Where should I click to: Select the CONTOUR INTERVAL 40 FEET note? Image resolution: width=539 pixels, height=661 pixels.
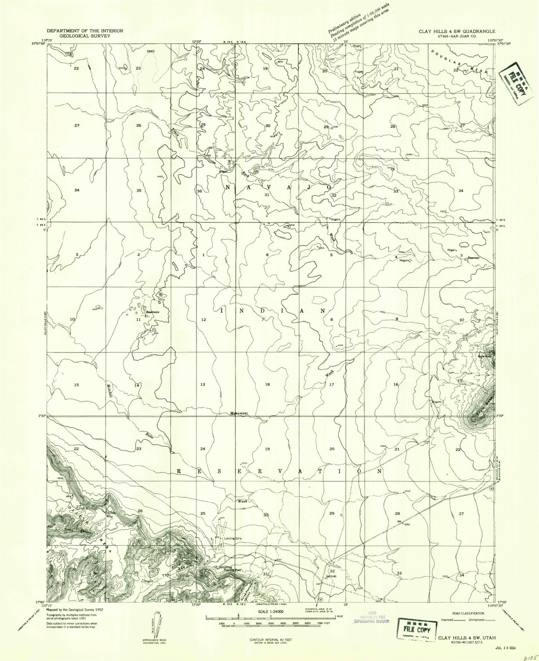[270, 639]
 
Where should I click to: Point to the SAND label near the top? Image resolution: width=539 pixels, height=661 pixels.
[151, 51]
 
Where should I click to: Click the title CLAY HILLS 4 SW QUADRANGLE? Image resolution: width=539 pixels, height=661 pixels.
[457, 31]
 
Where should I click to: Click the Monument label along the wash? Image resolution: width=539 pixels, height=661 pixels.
[239, 413]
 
